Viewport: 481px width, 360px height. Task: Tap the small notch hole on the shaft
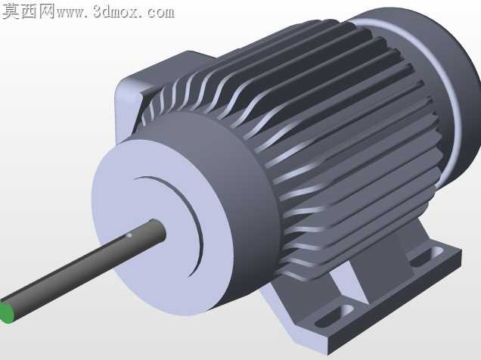pyautogui.click(x=129, y=235)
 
